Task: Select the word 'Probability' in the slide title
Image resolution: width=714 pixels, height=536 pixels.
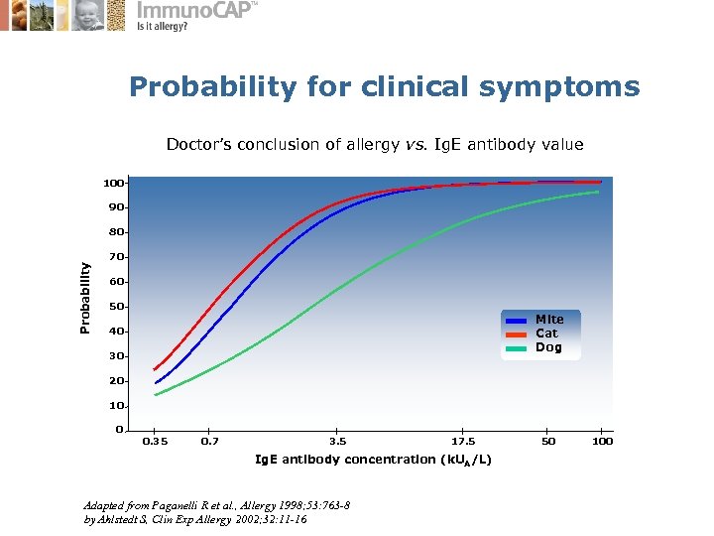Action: (212, 87)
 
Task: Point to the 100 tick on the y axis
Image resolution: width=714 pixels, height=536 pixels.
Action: (113, 183)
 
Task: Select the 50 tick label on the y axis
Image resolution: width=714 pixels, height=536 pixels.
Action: (116, 307)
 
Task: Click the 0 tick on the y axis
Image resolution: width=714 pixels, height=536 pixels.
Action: (119, 430)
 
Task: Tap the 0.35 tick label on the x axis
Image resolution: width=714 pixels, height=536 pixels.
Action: (155, 441)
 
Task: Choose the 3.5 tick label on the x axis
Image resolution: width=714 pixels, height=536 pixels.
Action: (337, 441)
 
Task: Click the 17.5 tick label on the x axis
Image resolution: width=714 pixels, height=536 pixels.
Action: (463, 441)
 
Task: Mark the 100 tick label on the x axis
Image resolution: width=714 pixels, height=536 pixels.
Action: (601, 441)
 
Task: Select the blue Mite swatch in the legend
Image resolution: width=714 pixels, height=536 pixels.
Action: (516, 321)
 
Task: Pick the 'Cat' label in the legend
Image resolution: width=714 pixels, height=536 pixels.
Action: (546, 334)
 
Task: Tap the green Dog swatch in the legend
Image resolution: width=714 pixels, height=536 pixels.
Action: (516, 348)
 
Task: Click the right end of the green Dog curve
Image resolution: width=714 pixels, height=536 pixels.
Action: (599, 192)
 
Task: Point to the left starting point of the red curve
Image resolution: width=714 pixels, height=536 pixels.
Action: (154, 369)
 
